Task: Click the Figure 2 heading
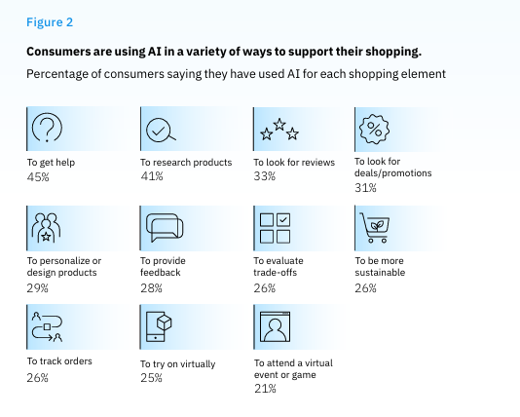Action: [49, 20]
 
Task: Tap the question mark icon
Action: [47, 129]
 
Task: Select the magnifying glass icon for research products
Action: [160, 129]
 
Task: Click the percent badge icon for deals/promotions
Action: [375, 128]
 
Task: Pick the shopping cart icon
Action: [375, 226]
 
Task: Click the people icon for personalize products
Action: [47, 228]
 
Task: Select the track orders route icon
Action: [47, 328]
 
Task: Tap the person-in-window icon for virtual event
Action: [275, 328]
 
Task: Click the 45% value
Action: [38, 178]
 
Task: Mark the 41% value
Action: [151, 177]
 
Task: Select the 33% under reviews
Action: [264, 177]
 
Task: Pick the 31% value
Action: [365, 189]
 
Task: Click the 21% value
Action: [264, 389]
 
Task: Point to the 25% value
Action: [151, 377]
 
